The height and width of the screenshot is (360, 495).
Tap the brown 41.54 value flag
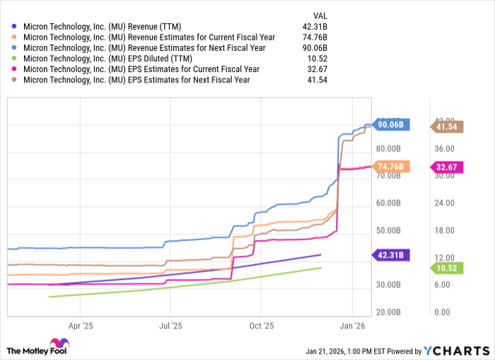pyautogui.click(x=448, y=127)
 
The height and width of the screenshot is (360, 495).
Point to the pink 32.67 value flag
pyautogui.click(x=448, y=167)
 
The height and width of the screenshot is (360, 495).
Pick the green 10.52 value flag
pyautogui.click(x=448, y=268)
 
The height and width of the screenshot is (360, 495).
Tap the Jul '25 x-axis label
pyautogui.click(x=170, y=326)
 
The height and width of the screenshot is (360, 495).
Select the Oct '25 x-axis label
pyautogui.click(x=261, y=326)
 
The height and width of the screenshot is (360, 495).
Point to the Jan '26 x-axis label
pyautogui.click(x=352, y=326)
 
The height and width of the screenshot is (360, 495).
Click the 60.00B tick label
pyautogui.click(x=390, y=203)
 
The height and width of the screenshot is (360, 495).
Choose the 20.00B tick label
pyautogui.click(x=390, y=312)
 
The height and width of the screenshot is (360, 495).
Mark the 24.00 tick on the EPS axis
pyautogui.click(x=443, y=203)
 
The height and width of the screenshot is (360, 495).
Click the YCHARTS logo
pyautogui.click(x=456, y=350)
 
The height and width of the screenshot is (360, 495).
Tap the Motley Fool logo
pyautogui.click(x=40, y=349)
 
